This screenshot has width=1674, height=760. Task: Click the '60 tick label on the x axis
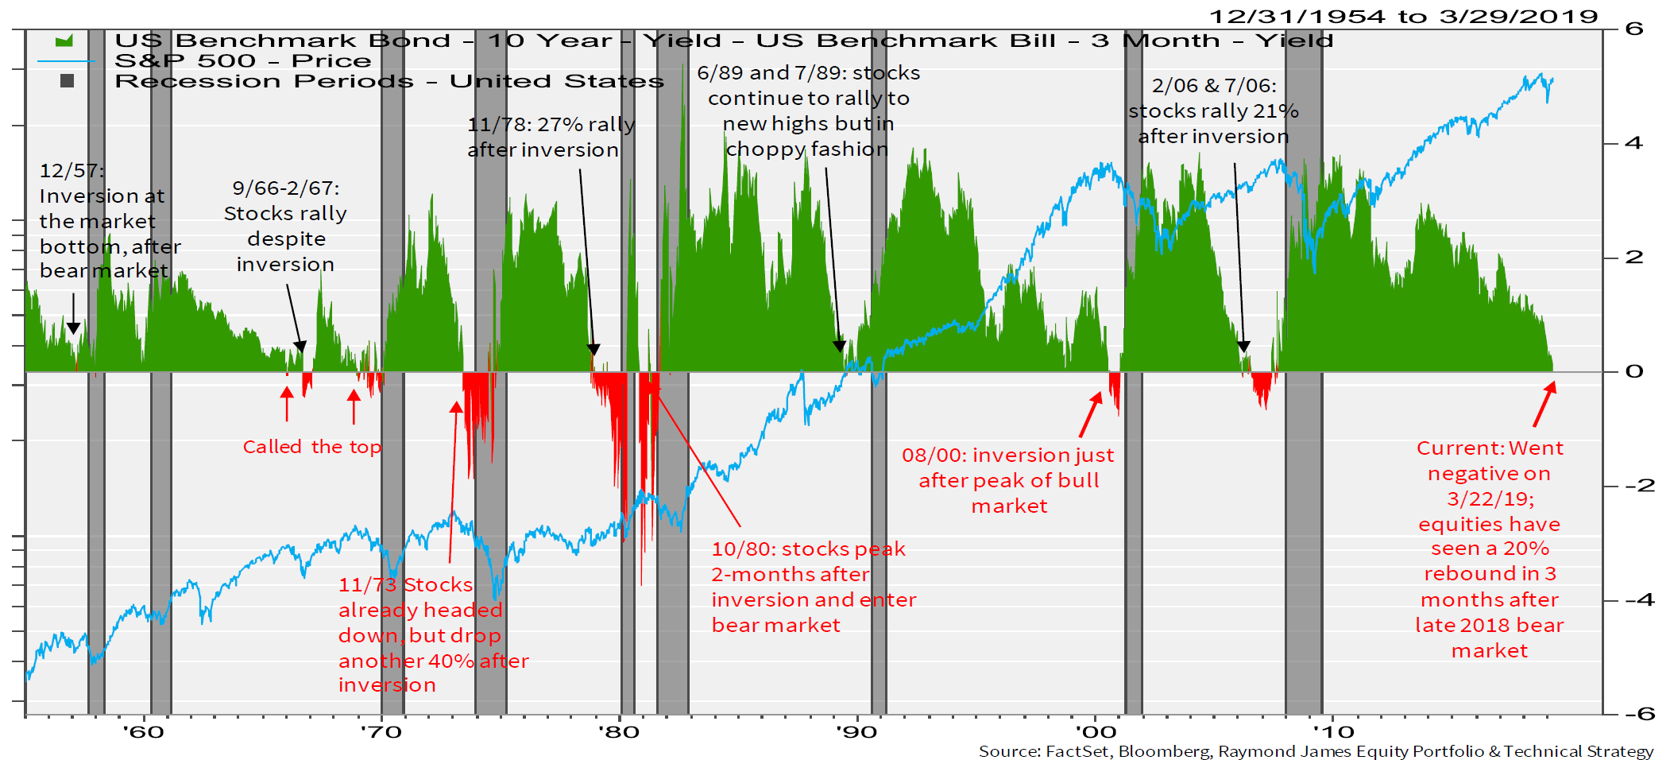coord(144,731)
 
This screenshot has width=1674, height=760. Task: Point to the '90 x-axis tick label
coord(857,731)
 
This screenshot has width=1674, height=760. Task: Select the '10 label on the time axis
coord(1333,731)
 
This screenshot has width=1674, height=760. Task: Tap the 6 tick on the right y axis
coord(1633,29)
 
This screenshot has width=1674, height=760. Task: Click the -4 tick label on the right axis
coord(1639,599)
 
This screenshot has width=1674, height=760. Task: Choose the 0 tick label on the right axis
coord(1633,371)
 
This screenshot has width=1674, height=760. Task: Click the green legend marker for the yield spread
coord(64,41)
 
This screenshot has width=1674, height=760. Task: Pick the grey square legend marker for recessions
coord(68,80)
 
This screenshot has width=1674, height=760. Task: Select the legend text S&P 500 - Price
coord(242,61)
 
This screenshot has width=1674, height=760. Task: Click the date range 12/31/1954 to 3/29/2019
coord(1403,16)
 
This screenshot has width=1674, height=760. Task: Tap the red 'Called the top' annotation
coord(311,447)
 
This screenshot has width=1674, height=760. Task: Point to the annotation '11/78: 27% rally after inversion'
coord(551,137)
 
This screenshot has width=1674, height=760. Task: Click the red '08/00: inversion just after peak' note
coord(1008,480)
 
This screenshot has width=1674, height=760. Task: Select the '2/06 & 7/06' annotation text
coord(1213,111)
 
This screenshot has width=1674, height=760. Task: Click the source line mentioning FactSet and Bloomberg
coord(1316,751)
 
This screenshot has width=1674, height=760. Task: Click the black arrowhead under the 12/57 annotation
coord(73,328)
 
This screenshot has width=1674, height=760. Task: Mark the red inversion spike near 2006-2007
coord(1261,389)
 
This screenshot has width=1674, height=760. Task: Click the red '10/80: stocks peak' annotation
coord(814,587)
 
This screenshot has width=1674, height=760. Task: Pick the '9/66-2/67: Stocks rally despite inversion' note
coord(285,226)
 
